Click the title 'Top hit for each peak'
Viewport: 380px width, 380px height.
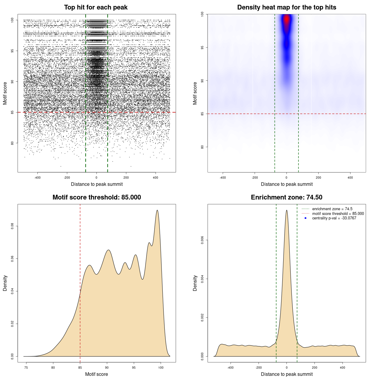96,7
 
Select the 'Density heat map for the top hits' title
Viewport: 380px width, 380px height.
286,7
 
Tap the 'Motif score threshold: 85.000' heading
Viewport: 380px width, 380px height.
96,197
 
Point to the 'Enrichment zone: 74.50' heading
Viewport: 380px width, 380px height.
286,197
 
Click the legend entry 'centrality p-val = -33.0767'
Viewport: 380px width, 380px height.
334,218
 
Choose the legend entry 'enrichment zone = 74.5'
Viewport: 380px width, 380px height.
332,209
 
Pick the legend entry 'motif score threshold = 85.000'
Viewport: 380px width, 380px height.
338,214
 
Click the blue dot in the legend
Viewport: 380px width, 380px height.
305,218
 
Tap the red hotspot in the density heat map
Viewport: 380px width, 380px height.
286,20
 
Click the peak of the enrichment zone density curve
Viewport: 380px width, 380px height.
286,210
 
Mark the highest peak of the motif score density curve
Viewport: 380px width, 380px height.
157,210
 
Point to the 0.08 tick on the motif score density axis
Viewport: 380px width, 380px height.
12,226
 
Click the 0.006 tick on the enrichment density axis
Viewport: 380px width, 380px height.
202,240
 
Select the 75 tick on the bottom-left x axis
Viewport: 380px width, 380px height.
26,368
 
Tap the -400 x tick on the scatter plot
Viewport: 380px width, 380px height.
37,178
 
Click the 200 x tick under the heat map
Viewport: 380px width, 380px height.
318,178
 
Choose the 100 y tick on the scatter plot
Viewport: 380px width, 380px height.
12,20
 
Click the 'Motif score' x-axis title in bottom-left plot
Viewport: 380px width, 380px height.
96,374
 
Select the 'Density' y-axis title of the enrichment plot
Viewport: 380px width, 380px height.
195,283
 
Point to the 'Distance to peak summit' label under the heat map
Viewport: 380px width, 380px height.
286,184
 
